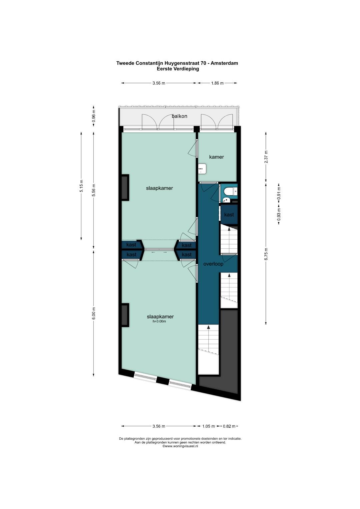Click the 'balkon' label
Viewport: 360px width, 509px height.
[x=179, y=116]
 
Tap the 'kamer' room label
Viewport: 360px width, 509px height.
[x=216, y=157]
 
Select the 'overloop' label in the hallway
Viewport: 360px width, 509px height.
[x=213, y=264]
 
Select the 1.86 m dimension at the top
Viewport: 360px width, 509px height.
[x=217, y=83]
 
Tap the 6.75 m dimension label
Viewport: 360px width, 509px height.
[x=266, y=254]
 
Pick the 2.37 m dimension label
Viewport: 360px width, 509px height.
[x=266, y=157]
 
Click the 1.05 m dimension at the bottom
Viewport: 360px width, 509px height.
[x=209, y=426]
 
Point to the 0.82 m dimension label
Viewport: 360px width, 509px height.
[x=229, y=426]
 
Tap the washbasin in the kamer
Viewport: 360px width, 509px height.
[x=202, y=169]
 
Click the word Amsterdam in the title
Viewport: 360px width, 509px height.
[x=224, y=63]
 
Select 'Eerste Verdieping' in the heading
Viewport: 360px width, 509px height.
[x=178, y=69]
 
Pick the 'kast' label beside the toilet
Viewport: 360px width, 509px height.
[x=229, y=215]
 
